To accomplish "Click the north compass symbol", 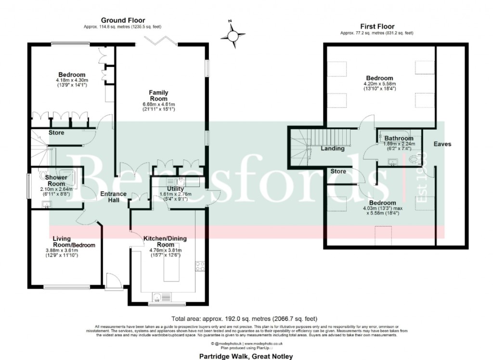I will pyautogui.click(x=232, y=35).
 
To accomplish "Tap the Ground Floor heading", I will pyautogui.click(x=123, y=20).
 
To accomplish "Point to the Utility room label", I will pyautogui.click(x=175, y=188).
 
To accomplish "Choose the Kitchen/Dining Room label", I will pyautogui.click(x=165, y=241).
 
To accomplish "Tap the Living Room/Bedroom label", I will pyautogui.click(x=74, y=241).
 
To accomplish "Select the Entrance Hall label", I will pyautogui.click(x=113, y=197).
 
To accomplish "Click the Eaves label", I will pyautogui.click(x=442, y=144).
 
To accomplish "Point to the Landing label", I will pyautogui.click(x=332, y=148).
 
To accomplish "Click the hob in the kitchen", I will pyautogui.click(x=200, y=266).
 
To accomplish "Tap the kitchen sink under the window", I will pyautogui.click(x=160, y=296).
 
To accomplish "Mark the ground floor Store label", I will pyautogui.click(x=56, y=133).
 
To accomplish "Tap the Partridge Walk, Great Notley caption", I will pyautogui.click(x=246, y=357).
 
